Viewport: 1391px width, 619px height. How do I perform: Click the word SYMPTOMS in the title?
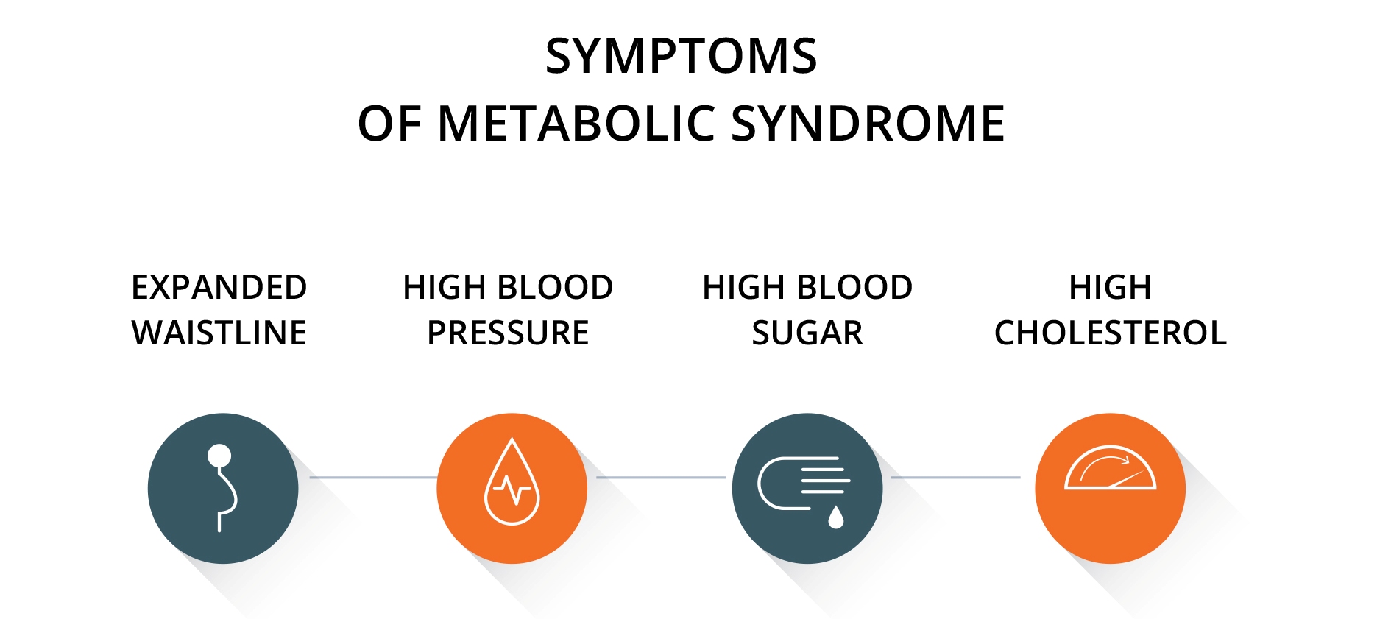tap(681, 57)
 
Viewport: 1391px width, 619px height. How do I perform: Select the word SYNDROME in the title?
tap(868, 124)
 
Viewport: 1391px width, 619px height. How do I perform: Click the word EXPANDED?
tap(219, 287)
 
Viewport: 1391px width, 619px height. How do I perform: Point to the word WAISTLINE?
tap(219, 333)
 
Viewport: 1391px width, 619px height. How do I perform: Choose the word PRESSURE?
tap(508, 333)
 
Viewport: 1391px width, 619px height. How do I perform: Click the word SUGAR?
tap(807, 333)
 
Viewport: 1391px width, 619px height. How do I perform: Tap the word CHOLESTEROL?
tap(1111, 333)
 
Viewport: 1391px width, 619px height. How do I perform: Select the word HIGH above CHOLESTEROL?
tap(1111, 287)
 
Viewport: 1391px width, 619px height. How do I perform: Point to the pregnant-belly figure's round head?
tap(219, 456)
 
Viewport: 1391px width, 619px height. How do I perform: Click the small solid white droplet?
tap(835, 517)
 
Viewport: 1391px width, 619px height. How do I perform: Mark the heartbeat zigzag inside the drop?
tap(512, 489)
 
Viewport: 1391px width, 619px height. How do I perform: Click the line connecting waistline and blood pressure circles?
tap(373, 478)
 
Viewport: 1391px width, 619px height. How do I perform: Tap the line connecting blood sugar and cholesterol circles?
tap(955, 478)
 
